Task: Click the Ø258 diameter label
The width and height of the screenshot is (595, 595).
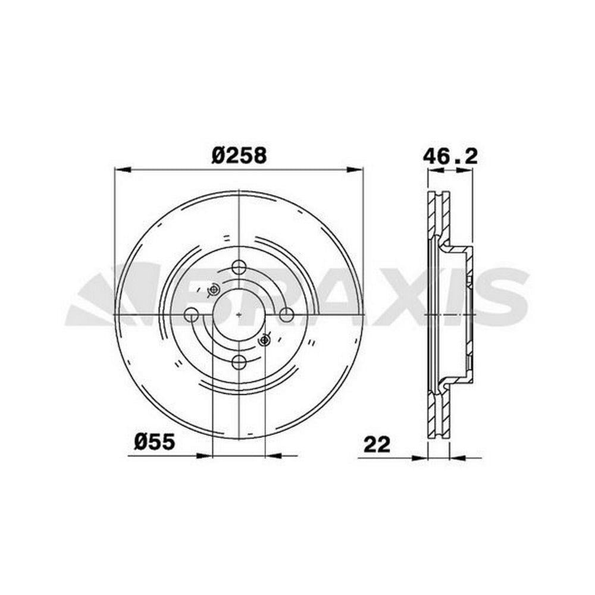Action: [x=239, y=155]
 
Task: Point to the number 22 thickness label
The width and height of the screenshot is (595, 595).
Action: [x=377, y=444]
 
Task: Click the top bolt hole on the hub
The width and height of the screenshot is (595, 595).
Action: [x=239, y=267]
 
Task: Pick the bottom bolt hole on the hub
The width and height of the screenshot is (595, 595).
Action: [x=239, y=362]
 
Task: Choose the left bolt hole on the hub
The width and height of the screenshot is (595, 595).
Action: [x=191, y=315]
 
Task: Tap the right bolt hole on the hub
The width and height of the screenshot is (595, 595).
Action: [x=286, y=315]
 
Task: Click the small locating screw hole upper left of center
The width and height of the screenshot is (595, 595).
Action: [x=213, y=290]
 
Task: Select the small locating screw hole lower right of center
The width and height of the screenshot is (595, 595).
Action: [x=264, y=340]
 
